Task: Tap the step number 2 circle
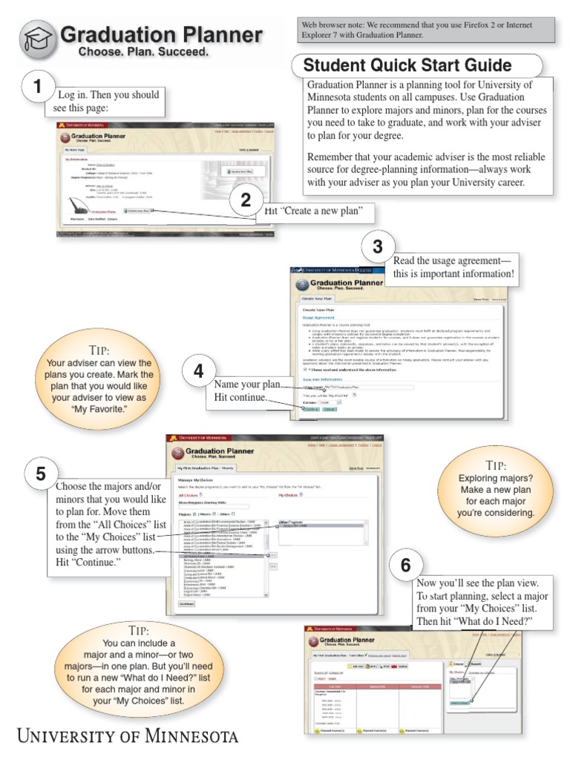pos(246,200)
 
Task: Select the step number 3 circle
pos(378,247)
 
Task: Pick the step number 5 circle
pos(40,474)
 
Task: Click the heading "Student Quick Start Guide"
pos(407,65)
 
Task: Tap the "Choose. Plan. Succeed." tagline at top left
pos(144,53)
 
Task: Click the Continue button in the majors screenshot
pos(186,603)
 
